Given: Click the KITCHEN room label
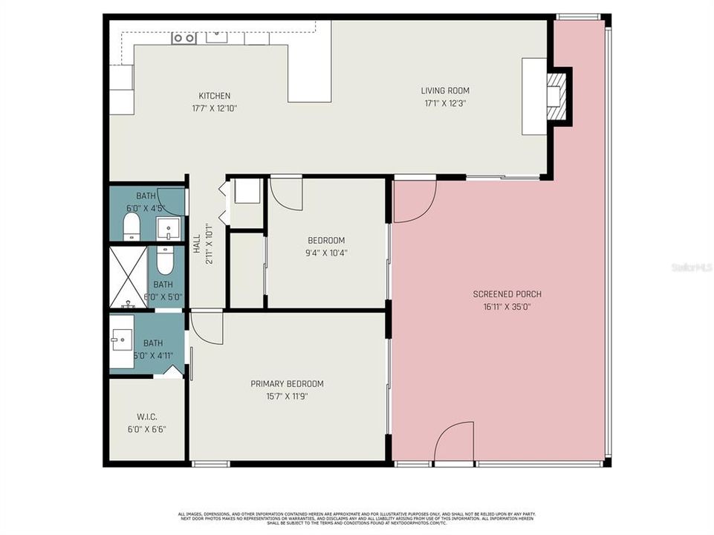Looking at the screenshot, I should tap(214, 96).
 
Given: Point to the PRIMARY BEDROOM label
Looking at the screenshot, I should tap(287, 384).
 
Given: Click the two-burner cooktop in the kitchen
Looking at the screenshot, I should tap(184, 38).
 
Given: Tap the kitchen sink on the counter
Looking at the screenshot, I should tap(218, 37).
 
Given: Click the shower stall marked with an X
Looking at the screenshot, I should tap(129, 277).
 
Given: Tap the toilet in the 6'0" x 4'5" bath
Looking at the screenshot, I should tap(132, 226).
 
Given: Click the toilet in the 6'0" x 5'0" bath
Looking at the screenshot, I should tap(165, 259).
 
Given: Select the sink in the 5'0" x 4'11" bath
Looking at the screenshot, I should tap(122, 342).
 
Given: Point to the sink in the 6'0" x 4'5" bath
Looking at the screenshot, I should tap(169, 228).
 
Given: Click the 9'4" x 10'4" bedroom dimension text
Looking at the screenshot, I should tap(327, 253).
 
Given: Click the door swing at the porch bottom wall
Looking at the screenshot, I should tap(454, 443).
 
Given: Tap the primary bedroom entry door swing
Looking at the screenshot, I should tap(207, 327).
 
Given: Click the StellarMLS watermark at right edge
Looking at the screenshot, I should tap(691, 267).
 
